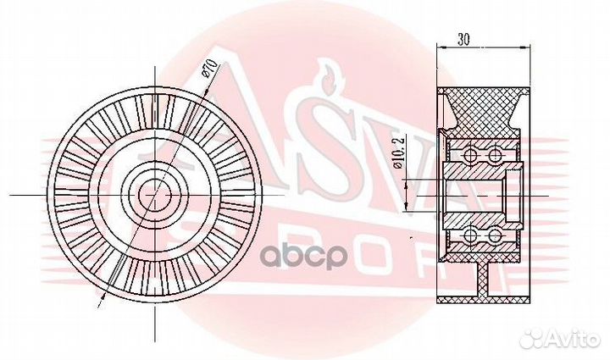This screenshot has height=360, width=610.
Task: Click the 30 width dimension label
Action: click(x=463, y=38)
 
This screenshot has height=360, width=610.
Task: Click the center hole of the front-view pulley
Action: click(x=152, y=194)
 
